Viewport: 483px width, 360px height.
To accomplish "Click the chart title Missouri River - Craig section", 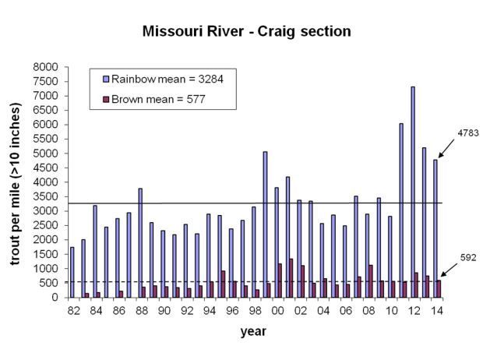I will pos(246,32).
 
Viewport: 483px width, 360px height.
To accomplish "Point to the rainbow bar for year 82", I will pos(72,272).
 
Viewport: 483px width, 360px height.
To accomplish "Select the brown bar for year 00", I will pos(280,281).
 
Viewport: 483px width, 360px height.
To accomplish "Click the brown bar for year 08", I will pos(372,281).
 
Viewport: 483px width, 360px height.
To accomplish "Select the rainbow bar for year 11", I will pos(401,210).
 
